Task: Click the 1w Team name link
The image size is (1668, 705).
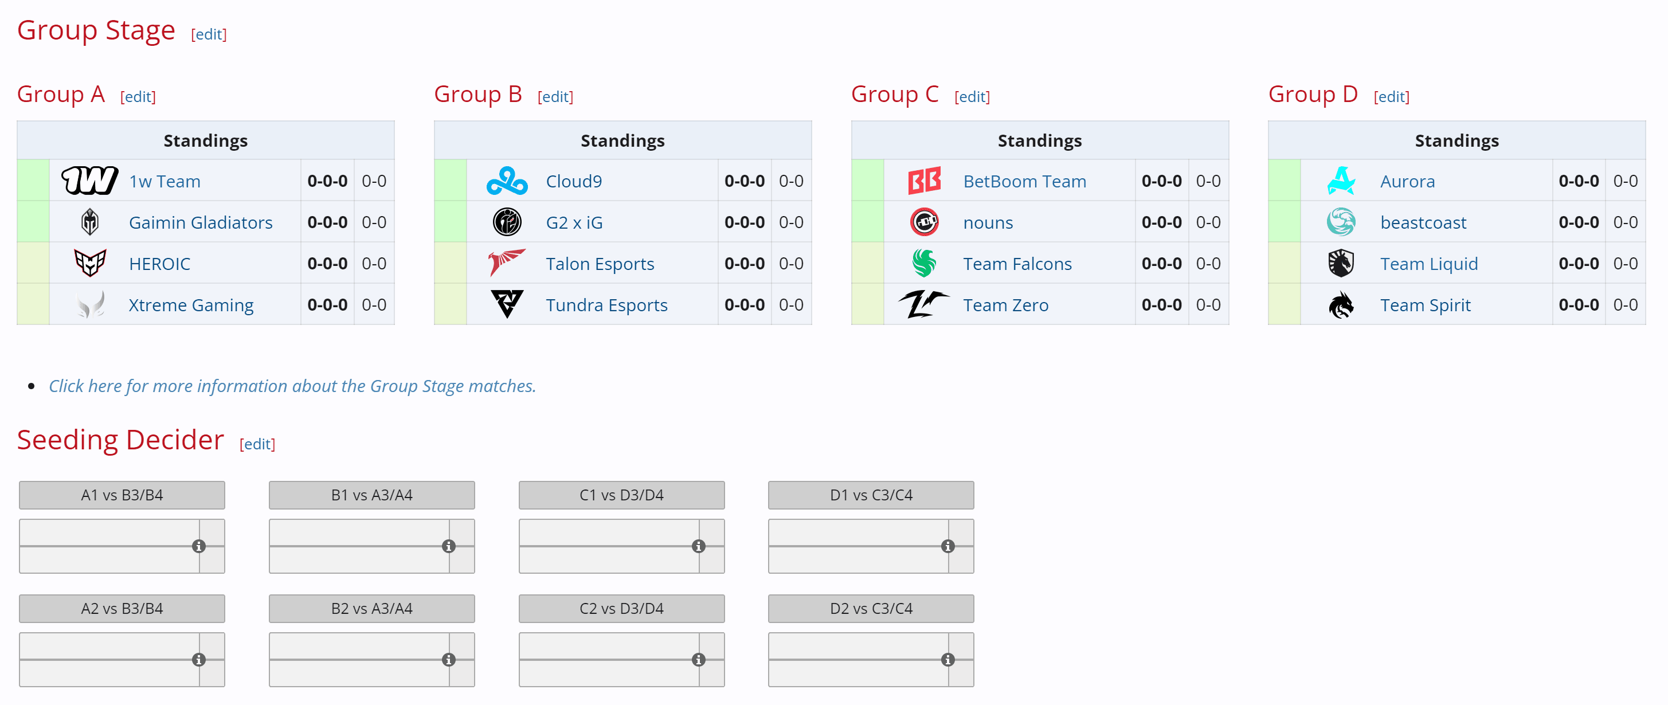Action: (x=165, y=181)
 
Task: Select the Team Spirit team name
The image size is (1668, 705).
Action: (x=1424, y=305)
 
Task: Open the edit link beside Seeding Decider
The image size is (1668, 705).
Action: (x=257, y=444)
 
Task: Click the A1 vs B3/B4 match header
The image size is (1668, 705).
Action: (x=122, y=495)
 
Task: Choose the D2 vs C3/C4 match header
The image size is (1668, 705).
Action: (x=870, y=609)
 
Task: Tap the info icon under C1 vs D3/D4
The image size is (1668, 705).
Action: (x=698, y=546)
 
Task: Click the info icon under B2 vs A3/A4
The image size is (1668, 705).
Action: (x=448, y=660)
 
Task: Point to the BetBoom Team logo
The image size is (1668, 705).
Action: (x=924, y=181)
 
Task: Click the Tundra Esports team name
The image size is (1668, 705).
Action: (x=606, y=305)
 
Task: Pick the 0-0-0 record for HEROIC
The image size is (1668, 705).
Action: (x=327, y=264)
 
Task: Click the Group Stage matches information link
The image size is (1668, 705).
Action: (x=292, y=386)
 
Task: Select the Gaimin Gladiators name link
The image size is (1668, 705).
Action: (x=200, y=223)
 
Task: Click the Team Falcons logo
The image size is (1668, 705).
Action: (x=924, y=264)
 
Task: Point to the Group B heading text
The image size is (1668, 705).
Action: (x=477, y=95)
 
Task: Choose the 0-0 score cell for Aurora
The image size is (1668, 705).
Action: (x=1624, y=181)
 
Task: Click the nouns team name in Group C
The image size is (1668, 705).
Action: (x=988, y=223)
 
